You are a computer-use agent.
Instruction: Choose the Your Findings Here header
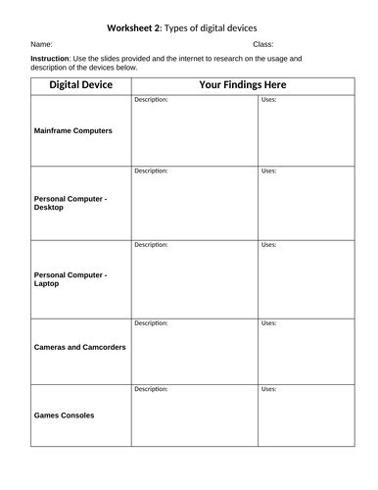click(x=243, y=85)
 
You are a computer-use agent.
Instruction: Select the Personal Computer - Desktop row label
click(x=71, y=203)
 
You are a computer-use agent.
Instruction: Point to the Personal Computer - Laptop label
click(x=71, y=279)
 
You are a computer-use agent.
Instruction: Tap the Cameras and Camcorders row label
click(x=80, y=347)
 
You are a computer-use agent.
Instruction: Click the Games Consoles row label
click(x=65, y=416)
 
